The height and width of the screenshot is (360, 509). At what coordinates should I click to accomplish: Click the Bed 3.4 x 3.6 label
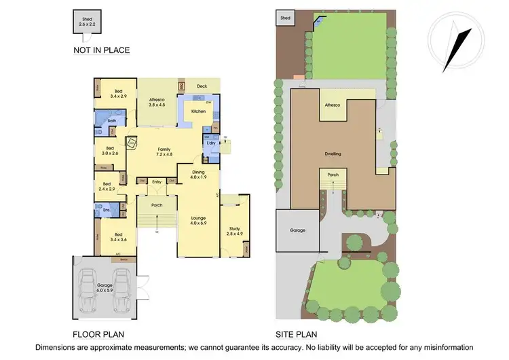click(118, 237)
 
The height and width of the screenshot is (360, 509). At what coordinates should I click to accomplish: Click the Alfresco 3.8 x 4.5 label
click(157, 103)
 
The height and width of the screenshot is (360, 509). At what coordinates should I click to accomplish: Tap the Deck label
click(202, 86)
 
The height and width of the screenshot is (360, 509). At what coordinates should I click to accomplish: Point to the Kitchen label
click(198, 111)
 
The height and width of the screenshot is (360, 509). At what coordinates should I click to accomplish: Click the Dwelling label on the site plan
click(332, 154)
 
